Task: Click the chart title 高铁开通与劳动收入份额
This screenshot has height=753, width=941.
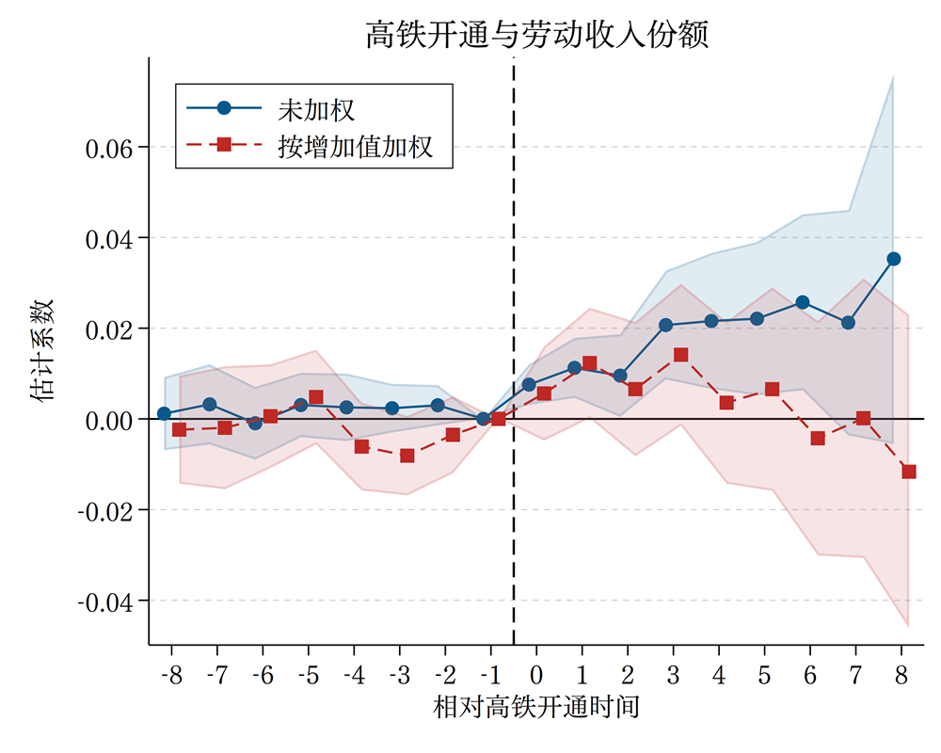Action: pyautogui.click(x=536, y=35)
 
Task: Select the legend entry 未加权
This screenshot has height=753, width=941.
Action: pyautogui.click(x=315, y=108)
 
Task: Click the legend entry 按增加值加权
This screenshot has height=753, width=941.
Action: pyautogui.click(x=355, y=146)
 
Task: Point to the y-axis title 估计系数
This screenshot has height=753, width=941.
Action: pyautogui.click(x=43, y=351)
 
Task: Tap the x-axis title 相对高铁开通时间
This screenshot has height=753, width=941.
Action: pyautogui.click(x=536, y=707)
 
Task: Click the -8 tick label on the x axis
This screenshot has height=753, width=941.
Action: pyautogui.click(x=171, y=676)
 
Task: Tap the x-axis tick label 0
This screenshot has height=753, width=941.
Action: pyautogui.click(x=536, y=676)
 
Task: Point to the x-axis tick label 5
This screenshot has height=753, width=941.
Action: pyautogui.click(x=764, y=676)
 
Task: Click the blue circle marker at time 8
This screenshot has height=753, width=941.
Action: pyautogui.click(x=894, y=259)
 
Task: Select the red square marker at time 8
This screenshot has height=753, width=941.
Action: pyautogui.click(x=909, y=472)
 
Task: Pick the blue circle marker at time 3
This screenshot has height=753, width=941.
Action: pyautogui.click(x=666, y=325)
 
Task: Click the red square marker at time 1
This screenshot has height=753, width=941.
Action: pyautogui.click(x=590, y=363)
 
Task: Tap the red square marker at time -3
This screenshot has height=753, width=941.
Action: pyautogui.click(x=407, y=456)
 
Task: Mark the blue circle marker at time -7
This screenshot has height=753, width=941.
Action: pyautogui.click(x=210, y=404)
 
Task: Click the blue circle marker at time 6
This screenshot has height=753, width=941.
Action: pyautogui.click(x=803, y=302)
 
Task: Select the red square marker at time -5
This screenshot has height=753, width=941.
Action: pyautogui.click(x=316, y=397)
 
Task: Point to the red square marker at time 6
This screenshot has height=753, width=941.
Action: pyautogui.click(x=818, y=439)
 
